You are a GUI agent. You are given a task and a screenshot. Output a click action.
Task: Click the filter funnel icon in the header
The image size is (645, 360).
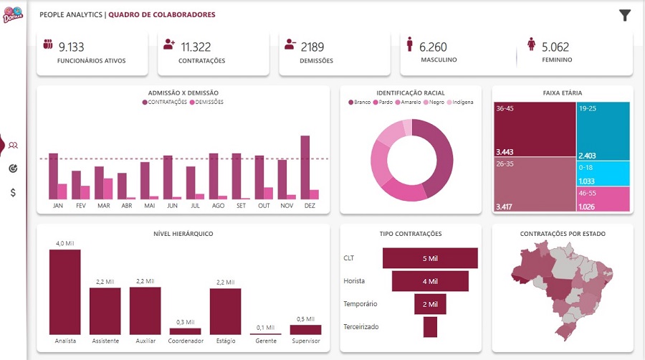click(x=625, y=15)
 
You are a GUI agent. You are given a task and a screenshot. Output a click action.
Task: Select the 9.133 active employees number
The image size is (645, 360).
click(x=71, y=47)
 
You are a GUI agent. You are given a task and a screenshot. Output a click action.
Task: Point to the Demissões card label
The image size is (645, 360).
click(x=316, y=61)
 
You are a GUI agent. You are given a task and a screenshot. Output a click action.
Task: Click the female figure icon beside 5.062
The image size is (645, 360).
click(x=531, y=44)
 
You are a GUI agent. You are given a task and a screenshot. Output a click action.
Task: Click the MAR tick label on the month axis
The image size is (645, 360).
click(x=103, y=206)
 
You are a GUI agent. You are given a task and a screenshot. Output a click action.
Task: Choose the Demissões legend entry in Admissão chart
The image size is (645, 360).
click(x=206, y=102)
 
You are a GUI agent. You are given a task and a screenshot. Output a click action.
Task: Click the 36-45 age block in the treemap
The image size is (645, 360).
click(x=534, y=129)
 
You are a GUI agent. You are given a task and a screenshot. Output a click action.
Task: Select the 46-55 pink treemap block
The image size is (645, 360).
click(x=603, y=199)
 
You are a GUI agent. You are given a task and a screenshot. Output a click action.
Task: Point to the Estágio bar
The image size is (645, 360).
click(x=225, y=311)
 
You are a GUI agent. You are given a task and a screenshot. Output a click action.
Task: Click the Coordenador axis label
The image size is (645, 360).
click(x=186, y=341)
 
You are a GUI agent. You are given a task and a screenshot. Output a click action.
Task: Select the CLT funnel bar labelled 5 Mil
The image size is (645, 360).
click(x=430, y=258)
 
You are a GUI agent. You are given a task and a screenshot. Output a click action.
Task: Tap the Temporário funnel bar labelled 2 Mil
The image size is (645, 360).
click(x=430, y=304)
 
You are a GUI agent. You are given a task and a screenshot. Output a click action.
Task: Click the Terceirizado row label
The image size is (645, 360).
click(x=361, y=327)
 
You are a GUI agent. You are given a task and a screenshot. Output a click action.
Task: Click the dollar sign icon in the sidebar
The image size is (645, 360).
click(x=14, y=193)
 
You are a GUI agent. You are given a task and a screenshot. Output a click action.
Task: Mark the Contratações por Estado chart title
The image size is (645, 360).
click(x=562, y=234)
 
